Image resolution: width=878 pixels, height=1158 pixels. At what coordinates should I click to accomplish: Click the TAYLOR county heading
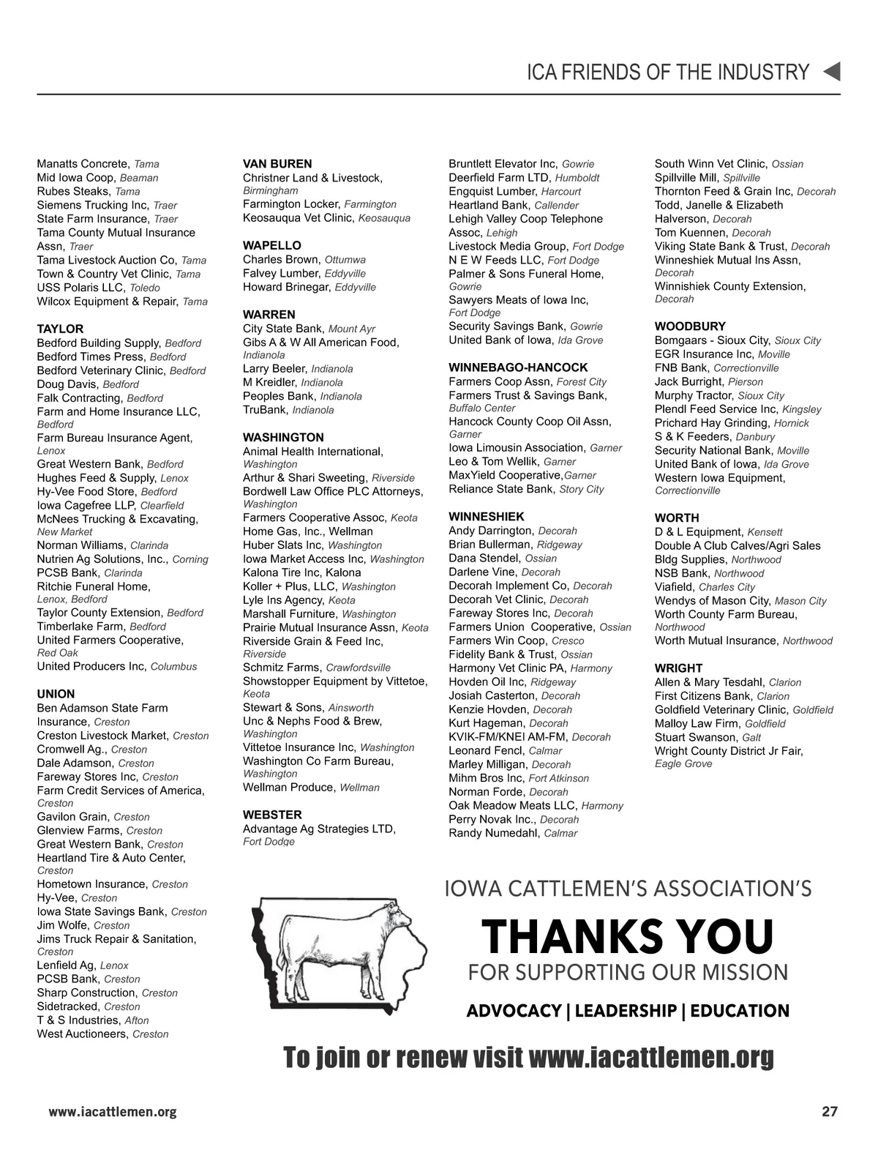(x=60, y=329)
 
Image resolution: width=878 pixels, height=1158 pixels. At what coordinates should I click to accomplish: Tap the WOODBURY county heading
(x=690, y=326)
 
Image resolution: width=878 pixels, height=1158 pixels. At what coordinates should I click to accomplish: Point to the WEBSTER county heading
(x=272, y=814)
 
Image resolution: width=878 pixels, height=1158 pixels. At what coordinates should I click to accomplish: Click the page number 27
(x=829, y=1112)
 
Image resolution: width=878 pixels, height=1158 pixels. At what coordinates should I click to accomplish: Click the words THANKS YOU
(x=627, y=936)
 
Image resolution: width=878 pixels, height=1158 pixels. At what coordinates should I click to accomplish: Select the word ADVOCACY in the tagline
(x=513, y=1011)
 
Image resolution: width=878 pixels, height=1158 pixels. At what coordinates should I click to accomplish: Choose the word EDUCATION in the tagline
(x=740, y=1011)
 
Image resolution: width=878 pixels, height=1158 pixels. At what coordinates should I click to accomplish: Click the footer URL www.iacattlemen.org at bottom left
(x=113, y=1112)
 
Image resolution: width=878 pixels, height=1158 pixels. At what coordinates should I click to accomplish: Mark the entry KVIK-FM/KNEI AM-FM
(x=508, y=736)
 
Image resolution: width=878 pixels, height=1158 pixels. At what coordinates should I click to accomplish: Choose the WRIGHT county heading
(x=678, y=668)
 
